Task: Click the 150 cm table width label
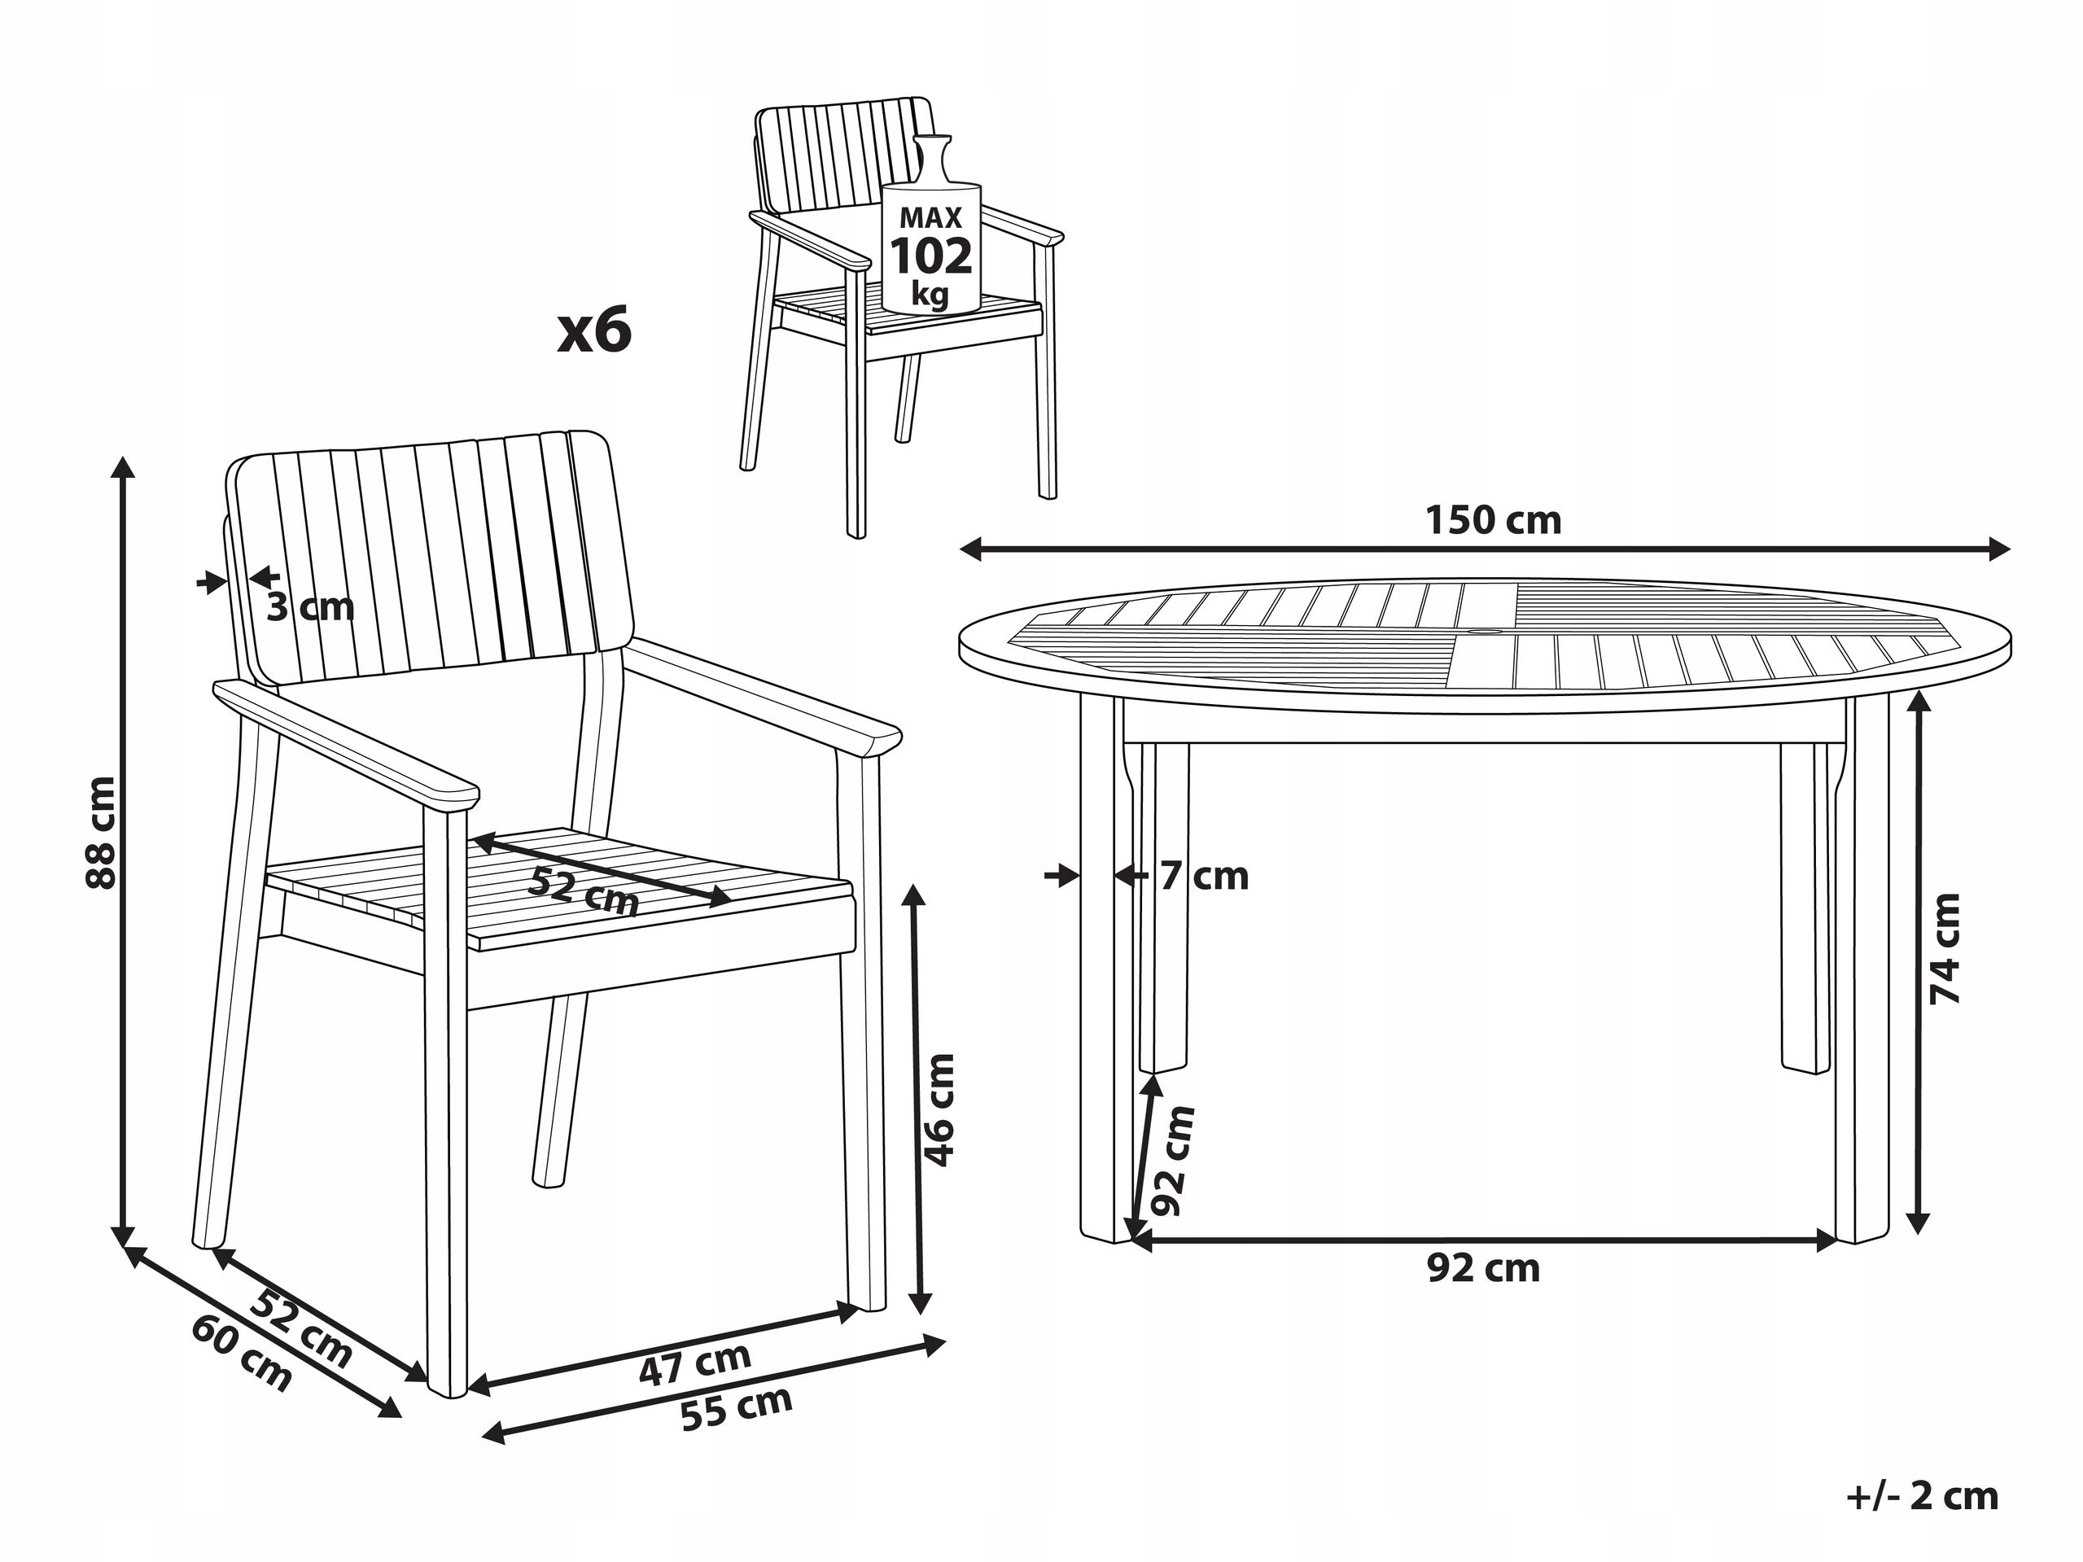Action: coord(1494,520)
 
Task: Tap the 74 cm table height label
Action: coord(1944,948)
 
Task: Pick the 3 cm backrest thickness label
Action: coord(310,607)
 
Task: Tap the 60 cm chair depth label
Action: coord(242,1353)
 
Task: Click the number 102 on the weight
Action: coord(931,256)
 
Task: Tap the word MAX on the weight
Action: coord(930,217)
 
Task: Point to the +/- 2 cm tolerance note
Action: coord(1922,1496)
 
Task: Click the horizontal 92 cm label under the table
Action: coord(1483,1268)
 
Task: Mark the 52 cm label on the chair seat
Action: coord(584,890)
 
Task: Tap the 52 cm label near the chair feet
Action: coord(301,1328)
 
